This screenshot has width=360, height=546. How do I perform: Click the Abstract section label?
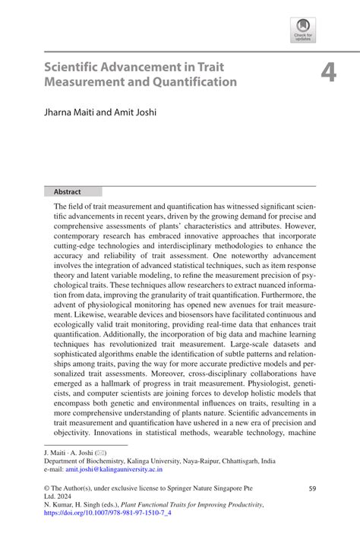(x=68, y=192)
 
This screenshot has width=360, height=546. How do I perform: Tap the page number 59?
(x=311, y=490)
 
